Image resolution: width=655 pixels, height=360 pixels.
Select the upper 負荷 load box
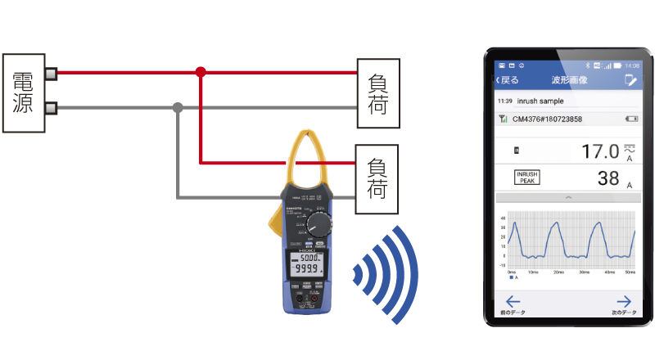[378, 92]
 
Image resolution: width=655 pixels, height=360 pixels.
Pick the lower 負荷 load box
[378, 178]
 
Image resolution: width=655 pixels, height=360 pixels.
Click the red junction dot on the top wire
[201, 73]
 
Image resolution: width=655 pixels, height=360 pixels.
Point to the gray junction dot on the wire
[178, 107]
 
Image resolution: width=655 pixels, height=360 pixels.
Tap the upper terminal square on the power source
[51, 74]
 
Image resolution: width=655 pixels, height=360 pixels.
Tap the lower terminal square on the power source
[51, 108]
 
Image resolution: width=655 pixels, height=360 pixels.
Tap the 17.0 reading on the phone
[600, 151]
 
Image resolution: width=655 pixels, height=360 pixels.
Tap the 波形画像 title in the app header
[570, 80]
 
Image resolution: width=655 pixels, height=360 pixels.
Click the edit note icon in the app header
[630, 80]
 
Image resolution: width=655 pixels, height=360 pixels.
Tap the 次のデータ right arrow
[624, 303]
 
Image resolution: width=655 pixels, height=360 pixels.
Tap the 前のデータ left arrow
[513, 303]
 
